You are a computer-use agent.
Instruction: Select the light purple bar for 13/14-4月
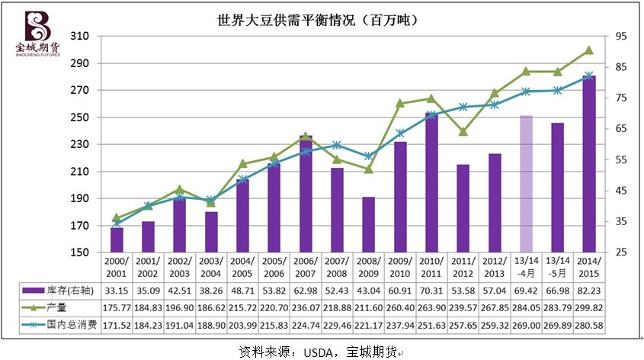click(x=526, y=183)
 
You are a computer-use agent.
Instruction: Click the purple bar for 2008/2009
click(x=368, y=224)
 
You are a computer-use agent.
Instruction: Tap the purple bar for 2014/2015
click(x=588, y=164)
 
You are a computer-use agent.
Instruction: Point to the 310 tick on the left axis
click(x=79, y=36)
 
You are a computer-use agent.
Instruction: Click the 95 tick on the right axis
click(x=622, y=36)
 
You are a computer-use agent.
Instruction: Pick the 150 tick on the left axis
click(x=79, y=252)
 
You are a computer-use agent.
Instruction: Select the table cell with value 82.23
click(x=588, y=290)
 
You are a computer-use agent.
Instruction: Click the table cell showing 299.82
click(x=588, y=307)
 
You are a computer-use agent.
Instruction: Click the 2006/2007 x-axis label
click(x=305, y=268)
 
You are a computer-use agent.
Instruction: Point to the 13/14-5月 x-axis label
click(x=557, y=268)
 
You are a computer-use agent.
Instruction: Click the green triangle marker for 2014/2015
click(x=588, y=50)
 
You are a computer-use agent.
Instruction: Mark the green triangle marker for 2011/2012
click(x=463, y=131)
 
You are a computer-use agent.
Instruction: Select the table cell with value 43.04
click(x=368, y=290)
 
